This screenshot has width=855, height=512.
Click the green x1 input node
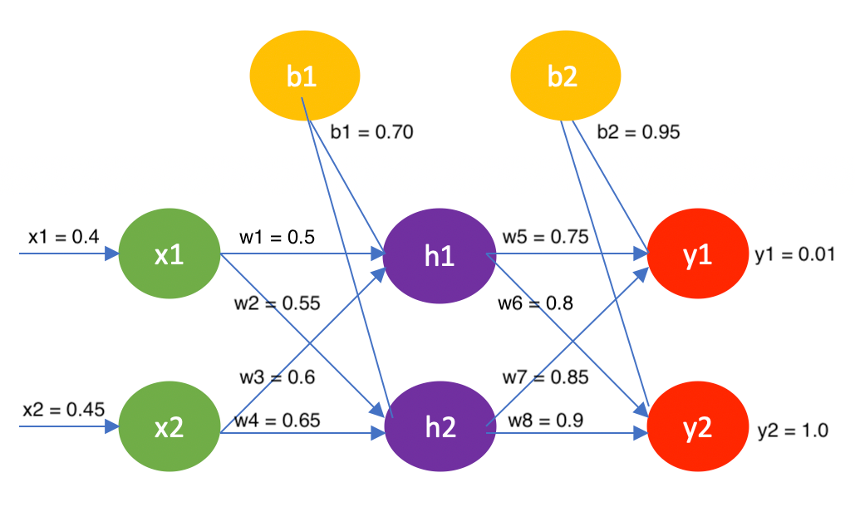(170, 255)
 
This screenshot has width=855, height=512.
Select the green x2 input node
(170, 428)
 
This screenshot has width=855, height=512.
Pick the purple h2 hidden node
(439, 428)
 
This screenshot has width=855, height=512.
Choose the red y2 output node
(697, 428)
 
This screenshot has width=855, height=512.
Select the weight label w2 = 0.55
(277, 303)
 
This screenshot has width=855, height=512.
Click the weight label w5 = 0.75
(544, 237)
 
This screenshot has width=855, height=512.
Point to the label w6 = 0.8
(536, 303)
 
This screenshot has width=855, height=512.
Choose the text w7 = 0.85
(545, 377)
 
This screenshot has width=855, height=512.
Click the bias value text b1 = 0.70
(371, 131)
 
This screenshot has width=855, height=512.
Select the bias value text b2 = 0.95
(638, 131)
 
